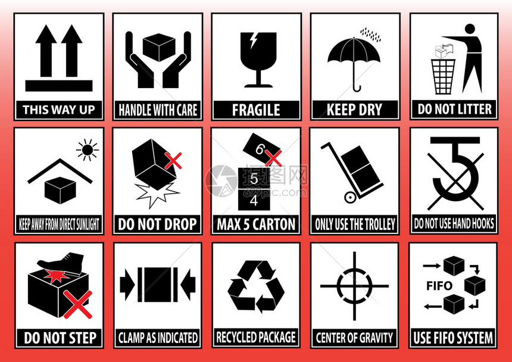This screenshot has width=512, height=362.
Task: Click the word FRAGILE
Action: (x=256, y=110)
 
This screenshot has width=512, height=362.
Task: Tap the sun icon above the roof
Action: (x=87, y=150)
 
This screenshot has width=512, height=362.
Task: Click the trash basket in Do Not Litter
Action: (x=443, y=76)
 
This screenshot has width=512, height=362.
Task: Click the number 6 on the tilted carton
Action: (x=260, y=149)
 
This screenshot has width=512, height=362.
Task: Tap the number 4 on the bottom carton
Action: (x=254, y=201)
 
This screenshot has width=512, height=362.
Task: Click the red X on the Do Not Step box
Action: (x=78, y=304)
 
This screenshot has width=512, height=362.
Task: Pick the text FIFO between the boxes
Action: (x=439, y=286)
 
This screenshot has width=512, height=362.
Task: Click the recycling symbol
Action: (x=256, y=286)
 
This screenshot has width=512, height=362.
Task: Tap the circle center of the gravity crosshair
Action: (x=354, y=286)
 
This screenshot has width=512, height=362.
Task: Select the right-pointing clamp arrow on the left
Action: (x=127, y=284)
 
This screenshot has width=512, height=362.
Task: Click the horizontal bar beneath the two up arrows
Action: (x=59, y=86)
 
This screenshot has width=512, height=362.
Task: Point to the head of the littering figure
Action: (x=470, y=29)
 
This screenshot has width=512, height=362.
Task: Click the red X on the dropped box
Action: (x=173, y=161)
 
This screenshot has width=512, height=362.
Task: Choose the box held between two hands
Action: (x=159, y=47)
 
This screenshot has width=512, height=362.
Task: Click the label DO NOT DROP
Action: (x=157, y=224)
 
